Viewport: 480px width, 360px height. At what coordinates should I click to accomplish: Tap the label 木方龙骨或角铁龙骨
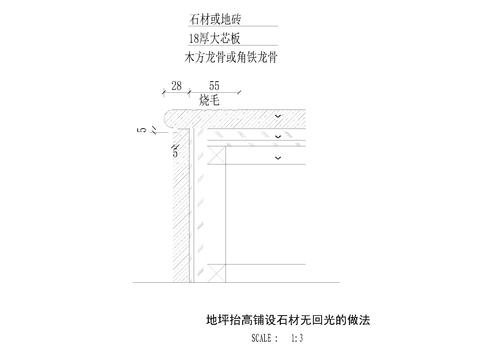[231, 57]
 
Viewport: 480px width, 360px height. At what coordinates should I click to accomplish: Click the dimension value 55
[214, 88]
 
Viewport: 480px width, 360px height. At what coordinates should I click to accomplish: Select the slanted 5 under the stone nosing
[175, 152]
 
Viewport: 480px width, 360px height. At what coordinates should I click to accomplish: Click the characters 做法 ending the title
[369, 320]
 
